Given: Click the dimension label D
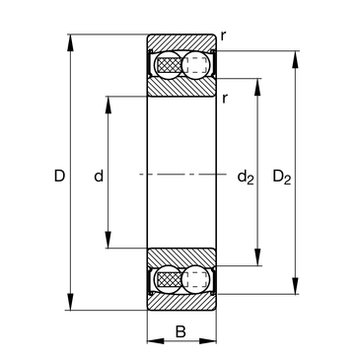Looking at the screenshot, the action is click(x=59, y=177).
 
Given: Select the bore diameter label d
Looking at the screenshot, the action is click(x=99, y=176).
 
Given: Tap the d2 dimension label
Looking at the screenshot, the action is click(x=246, y=178).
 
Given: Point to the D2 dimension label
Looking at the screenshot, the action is click(x=282, y=178).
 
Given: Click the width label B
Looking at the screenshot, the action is click(x=180, y=331).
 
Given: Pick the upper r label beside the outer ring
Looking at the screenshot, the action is click(x=223, y=36).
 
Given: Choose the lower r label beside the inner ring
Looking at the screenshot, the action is click(x=225, y=99).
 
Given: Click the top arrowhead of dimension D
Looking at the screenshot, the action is click(x=70, y=42).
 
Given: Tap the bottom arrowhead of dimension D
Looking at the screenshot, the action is click(x=70, y=302).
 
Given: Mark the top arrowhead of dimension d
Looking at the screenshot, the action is click(x=108, y=105).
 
